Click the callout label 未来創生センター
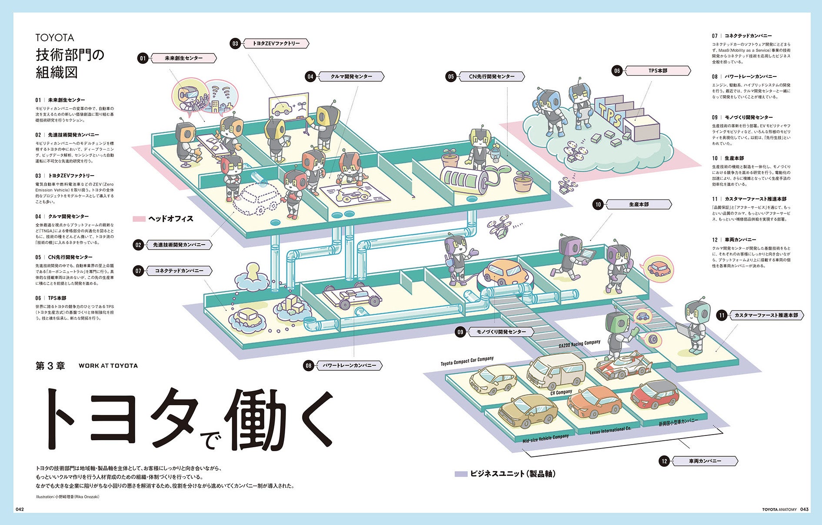tap(183, 58)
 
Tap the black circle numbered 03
tap(235, 43)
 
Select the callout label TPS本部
tap(657, 71)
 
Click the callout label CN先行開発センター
tap(491, 77)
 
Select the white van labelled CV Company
tap(556, 370)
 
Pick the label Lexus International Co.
tap(610, 430)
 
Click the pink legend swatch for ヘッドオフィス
tap(139, 219)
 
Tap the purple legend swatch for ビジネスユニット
tap(461, 474)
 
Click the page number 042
tap(20, 509)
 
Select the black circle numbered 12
tap(664, 461)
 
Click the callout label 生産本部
tap(638, 204)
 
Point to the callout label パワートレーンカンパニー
tap(349, 366)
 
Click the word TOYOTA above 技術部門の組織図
tap(55, 38)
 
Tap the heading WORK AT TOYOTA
tap(108, 366)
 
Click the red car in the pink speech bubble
tap(658, 268)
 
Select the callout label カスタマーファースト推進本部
tap(766, 316)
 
